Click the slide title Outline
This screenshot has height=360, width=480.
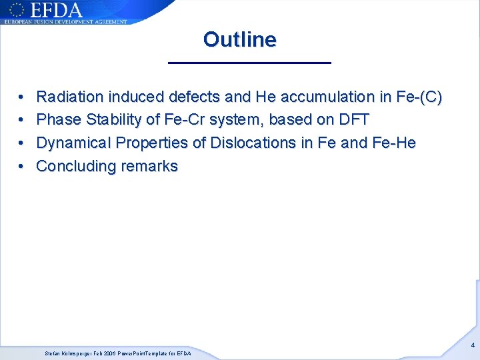pyautogui.click(x=239, y=40)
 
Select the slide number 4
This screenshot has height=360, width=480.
pyautogui.click(x=473, y=345)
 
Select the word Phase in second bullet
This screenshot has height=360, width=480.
pyautogui.click(x=57, y=120)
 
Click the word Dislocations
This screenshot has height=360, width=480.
pyautogui.click(x=253, y=143)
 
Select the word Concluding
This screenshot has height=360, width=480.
pyautogui.click(x=75, y=166)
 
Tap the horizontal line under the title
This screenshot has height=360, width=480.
pyautogui.click(x=249, y=63)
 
